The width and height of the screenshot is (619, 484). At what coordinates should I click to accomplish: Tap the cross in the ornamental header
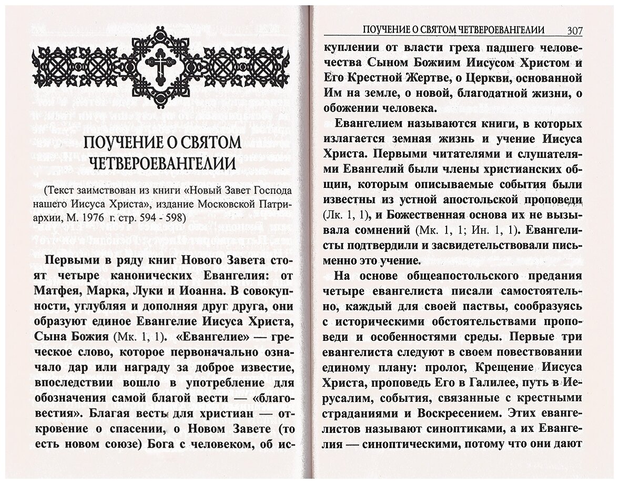159,66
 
